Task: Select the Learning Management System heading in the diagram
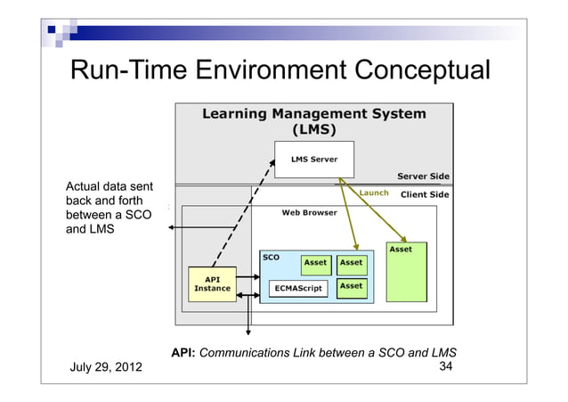tap(313, 121)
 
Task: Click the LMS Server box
tap(313, 160)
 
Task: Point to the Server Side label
tap(422, 176)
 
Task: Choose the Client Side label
tap(425, 194)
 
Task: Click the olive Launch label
tap(371, 193)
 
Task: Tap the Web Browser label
tap(309, 213)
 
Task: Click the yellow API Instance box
tap(213, 283)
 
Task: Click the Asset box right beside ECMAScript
tap(351, 286)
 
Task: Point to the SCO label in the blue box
tap(271, 257)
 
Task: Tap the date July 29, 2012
tap(103, 368)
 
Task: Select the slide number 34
tap(448, 366)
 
